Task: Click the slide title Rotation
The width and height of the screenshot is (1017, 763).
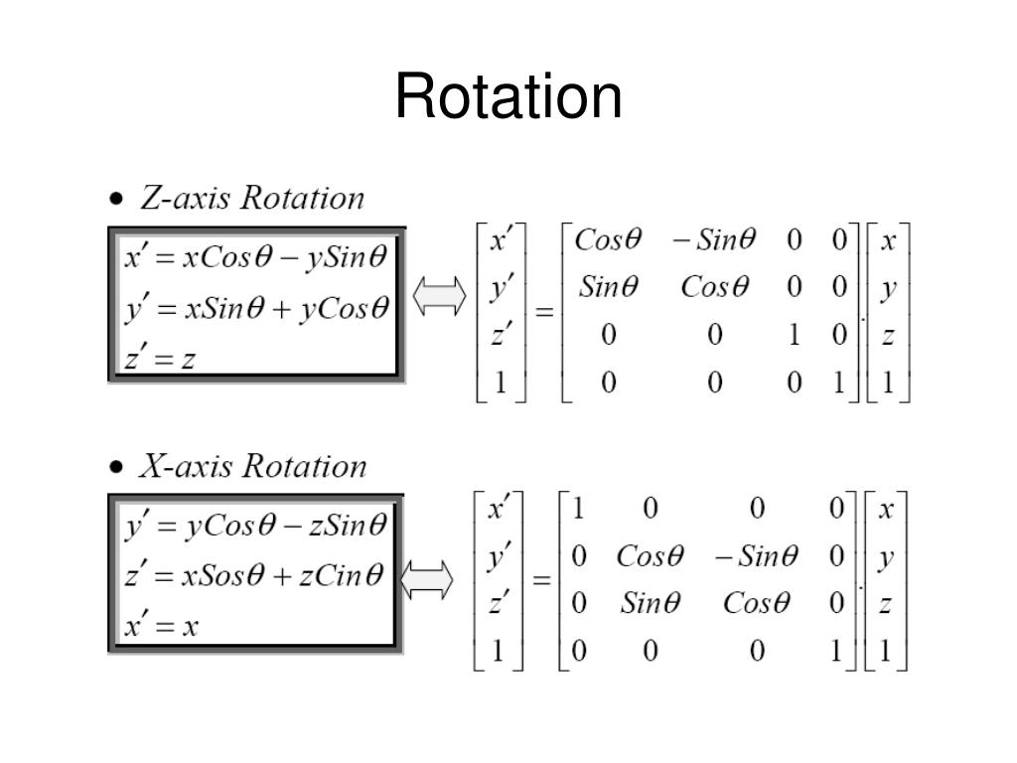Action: (508, 97)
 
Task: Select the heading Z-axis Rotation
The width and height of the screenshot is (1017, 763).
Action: (252, 199)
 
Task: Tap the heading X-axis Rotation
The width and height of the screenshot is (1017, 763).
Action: (252, 467)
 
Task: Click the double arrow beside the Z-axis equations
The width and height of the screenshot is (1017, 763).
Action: (439, 296)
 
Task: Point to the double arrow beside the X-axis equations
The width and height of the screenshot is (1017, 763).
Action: (428, 580)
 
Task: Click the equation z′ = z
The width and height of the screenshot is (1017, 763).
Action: (160, 357)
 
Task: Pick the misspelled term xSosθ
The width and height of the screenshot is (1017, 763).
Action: (218, 575)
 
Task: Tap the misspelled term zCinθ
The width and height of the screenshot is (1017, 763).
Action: (337, 575)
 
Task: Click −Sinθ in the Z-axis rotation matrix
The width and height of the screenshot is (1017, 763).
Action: (713, 240)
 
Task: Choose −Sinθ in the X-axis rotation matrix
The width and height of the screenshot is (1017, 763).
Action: (756, 556)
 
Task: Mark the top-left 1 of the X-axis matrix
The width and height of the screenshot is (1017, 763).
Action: (578, 510)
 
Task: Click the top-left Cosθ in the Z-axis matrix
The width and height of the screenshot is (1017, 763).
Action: (609, 240)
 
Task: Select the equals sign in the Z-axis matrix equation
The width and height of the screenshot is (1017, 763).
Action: (544, 312)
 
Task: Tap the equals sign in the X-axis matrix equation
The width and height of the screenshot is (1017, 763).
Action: (542, 580)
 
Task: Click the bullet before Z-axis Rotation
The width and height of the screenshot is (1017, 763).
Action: (118, 200)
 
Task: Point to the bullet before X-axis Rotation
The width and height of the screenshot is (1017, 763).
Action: (118, 467)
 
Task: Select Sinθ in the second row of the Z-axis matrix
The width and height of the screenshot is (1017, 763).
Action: (609, 288)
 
